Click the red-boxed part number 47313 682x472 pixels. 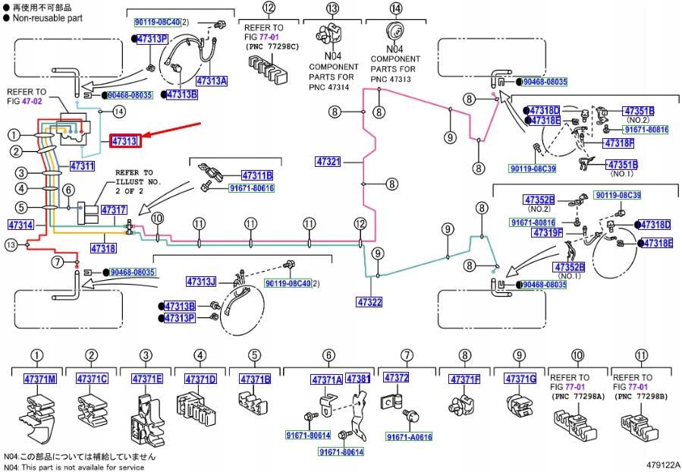pos(124,141)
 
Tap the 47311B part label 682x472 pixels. pos(257,175)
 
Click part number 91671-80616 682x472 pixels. pos(251,188)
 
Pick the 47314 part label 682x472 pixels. pos(20,225)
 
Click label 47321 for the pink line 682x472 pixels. pos(328,162)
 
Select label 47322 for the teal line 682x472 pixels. pos(369,302)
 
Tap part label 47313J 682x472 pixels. pos(201,282)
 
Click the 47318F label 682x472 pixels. pos(618,143)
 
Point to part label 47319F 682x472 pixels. pos(568,232)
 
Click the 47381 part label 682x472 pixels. pos(358,378)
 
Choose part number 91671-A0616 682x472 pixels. pos(408,437)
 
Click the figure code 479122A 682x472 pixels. pos(663,464)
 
